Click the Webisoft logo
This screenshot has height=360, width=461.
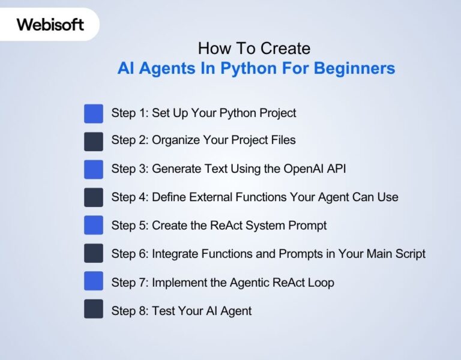(x=50, y=25)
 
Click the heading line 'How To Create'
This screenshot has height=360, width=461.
(x=255, y=48)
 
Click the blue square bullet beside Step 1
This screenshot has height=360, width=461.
(x=94, y=113)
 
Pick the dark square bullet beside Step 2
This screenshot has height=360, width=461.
(x=94, y=141)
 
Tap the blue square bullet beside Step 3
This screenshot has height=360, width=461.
(x=94, y=169)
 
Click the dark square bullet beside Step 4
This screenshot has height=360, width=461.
(x=94, y=197)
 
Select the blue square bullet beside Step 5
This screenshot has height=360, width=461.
(x=94, y=225)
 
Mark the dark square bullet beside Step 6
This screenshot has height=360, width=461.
(x=94, y=253)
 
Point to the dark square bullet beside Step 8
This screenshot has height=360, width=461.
(x=94, y=309)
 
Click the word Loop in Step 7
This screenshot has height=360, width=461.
(x=322, y=282)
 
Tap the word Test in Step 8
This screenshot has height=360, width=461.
(x=163, y=311)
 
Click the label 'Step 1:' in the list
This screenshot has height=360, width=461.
(x=130, y=113)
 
